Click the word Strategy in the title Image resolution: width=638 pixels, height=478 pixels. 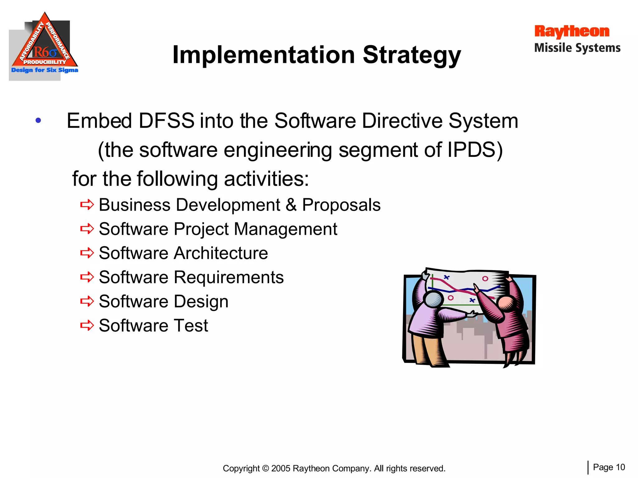tap(412, 55)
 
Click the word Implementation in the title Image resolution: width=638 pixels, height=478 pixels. tap(264, 55)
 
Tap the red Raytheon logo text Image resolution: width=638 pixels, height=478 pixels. tap(572, 31)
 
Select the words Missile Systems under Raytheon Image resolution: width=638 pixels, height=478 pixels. tap(577, 48)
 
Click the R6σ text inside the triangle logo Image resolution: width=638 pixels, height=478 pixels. tap(45, 52)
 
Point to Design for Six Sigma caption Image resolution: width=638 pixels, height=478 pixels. tap(45, 70)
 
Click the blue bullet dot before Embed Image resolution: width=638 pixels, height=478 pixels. tap(38, 120)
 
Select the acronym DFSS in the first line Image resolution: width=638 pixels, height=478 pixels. tap(166, 120)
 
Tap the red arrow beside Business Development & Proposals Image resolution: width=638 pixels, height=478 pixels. tap(87, 205)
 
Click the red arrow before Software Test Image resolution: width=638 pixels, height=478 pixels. tap(87, 326)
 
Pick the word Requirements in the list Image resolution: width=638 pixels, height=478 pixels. tap(229, 277)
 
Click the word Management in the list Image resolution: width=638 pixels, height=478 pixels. tap(285, 229)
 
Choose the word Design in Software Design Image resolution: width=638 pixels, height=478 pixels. tap(201, 301)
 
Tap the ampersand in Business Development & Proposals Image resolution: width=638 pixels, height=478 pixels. tap(291, 205)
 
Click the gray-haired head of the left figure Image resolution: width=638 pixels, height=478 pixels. tap(434, 299)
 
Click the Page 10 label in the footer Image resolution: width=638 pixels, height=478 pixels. tap(609, 467)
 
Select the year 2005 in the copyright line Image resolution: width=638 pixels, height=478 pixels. tap(281, 468)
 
